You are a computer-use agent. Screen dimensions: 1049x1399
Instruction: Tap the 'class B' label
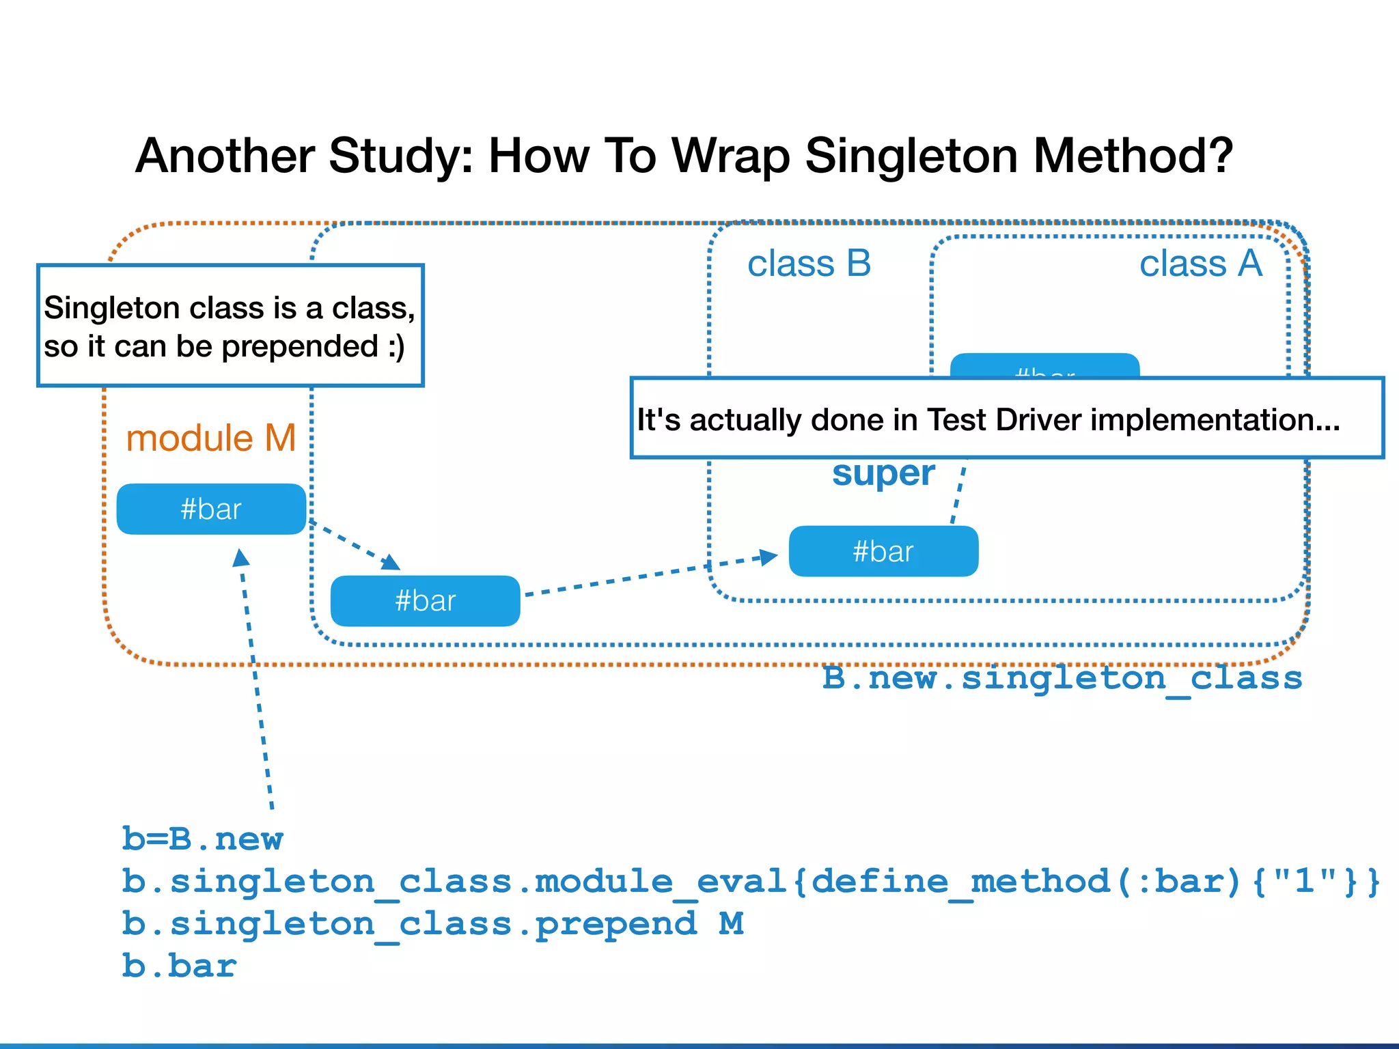809,264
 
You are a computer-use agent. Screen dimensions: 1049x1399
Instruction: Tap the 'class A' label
1200,264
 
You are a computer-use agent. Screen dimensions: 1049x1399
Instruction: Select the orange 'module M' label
210,438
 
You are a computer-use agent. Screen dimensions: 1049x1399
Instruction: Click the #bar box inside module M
211,509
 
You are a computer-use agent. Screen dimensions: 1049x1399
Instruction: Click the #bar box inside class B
883,552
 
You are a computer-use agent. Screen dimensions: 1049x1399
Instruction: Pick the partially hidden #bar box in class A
1044,366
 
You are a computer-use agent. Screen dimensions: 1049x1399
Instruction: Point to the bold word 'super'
883,473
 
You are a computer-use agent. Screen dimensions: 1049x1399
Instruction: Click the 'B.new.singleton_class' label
1062,678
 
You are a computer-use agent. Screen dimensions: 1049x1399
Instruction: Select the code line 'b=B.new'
202,839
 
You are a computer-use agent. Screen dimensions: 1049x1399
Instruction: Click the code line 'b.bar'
179,966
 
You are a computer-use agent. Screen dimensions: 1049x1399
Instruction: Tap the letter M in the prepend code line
731,923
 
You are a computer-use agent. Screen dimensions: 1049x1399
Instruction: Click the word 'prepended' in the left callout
300,347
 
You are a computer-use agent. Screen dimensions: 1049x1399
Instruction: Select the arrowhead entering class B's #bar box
769,557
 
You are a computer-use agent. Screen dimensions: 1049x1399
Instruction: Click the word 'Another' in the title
225,156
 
